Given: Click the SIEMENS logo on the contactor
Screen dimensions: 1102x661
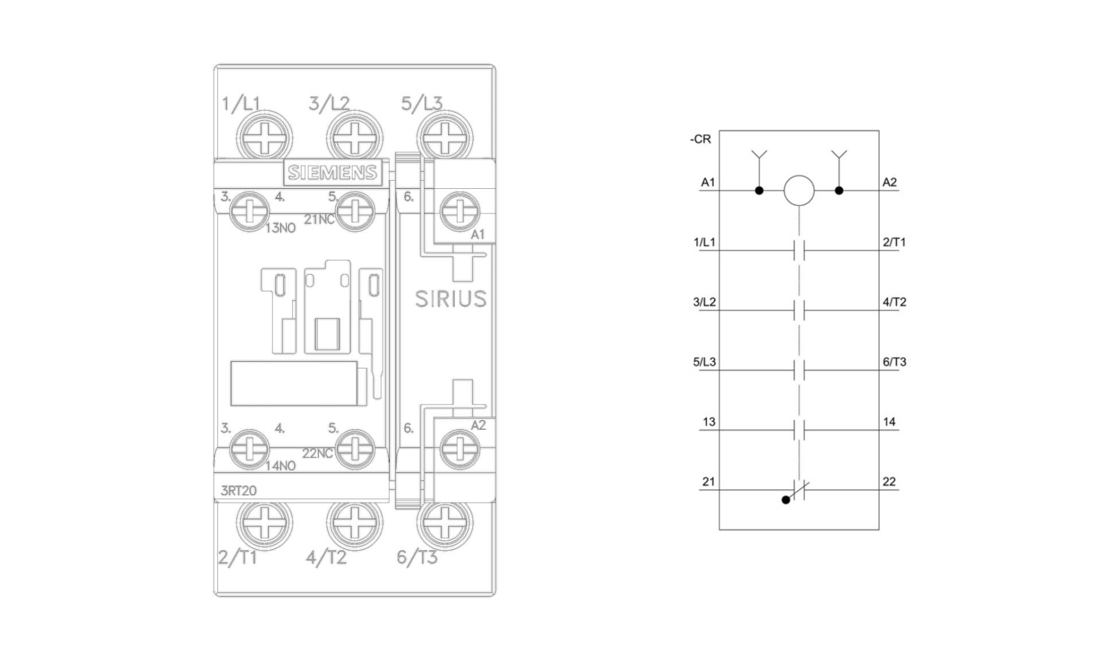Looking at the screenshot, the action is pos(332,172).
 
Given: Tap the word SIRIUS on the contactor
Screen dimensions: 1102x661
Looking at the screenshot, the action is pos(451,299).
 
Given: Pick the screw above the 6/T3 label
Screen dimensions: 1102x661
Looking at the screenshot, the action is pos(445,523).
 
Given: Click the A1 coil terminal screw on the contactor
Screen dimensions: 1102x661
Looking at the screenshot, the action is pos(460,211).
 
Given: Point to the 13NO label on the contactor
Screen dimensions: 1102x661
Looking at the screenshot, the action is pos(280,228).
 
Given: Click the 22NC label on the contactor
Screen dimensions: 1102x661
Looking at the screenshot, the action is pos(317,453).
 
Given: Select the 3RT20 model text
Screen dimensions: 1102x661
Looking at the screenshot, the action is pos(239,491).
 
